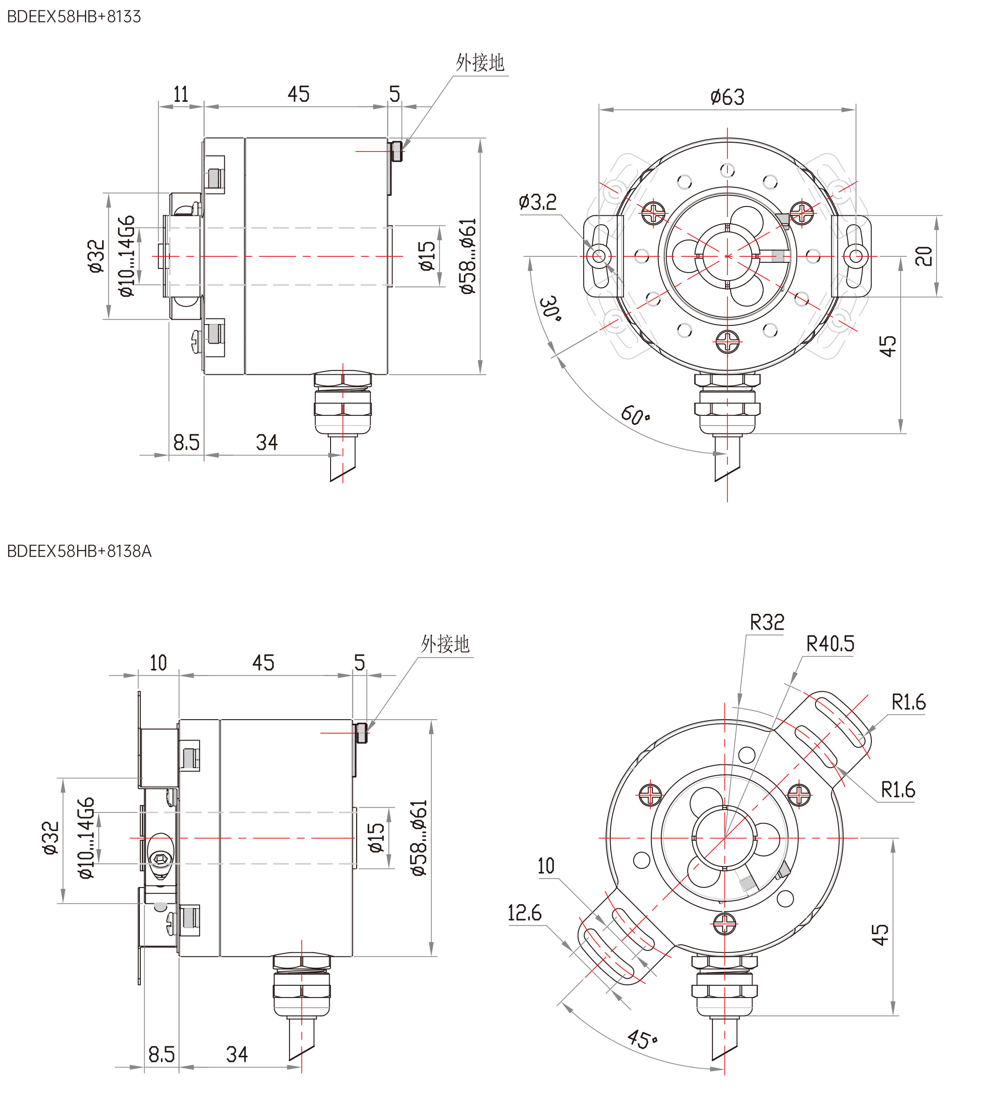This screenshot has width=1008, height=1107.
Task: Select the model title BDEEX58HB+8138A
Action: click(x=79, y=551)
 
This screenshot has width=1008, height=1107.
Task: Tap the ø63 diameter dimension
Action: click(x=727, y=97)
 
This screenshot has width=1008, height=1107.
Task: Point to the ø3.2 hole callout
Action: click(x=537, y=202)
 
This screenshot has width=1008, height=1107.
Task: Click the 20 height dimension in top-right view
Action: click(x=924, y=256)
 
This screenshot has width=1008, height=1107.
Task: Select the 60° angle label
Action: click(x=635, y=415)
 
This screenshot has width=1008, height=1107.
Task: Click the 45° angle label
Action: click(x=642, y=1038)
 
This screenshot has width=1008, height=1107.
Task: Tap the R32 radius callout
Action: click(x=767, y=623)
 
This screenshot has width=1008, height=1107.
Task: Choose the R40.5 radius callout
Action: click(x=830, y=644)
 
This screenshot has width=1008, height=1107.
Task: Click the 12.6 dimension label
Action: click(x=524, y=913)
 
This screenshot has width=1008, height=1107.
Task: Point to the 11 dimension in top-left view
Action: click(x=181, y=95)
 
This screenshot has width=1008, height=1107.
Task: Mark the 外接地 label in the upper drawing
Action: click(x=480, y=62)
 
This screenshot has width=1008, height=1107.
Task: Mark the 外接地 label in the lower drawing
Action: click(x=445, y=644)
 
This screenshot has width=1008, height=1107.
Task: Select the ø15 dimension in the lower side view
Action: click(x=377, y=838)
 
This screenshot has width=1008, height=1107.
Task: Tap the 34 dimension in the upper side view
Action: click(x=267, y=442)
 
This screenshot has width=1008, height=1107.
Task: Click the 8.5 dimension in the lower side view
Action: click(x=161, y=1054)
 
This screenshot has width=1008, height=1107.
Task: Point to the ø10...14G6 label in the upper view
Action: click(x=127, y=256)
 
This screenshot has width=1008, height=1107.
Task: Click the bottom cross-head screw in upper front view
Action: click(x=727, y=343)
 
